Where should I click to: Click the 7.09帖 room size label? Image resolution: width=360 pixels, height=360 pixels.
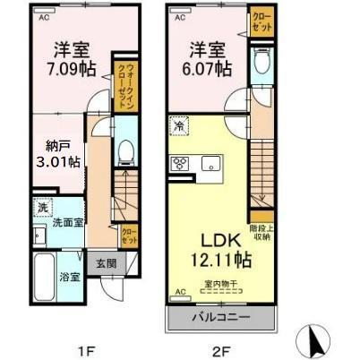tap(67, 69)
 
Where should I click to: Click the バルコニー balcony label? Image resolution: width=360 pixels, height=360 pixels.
tap(219, 316)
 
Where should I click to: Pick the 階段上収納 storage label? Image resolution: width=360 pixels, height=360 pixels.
tap(262, 232)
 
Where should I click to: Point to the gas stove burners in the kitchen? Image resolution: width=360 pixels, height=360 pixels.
tap(179, 163)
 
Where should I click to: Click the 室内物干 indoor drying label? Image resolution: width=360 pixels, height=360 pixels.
tap(219, 284)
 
